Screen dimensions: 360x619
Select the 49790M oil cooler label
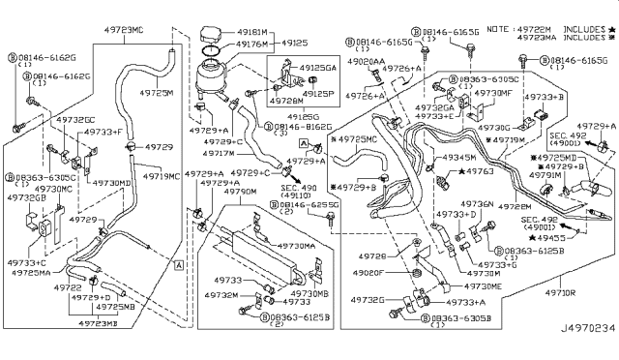(x=238, y=192)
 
